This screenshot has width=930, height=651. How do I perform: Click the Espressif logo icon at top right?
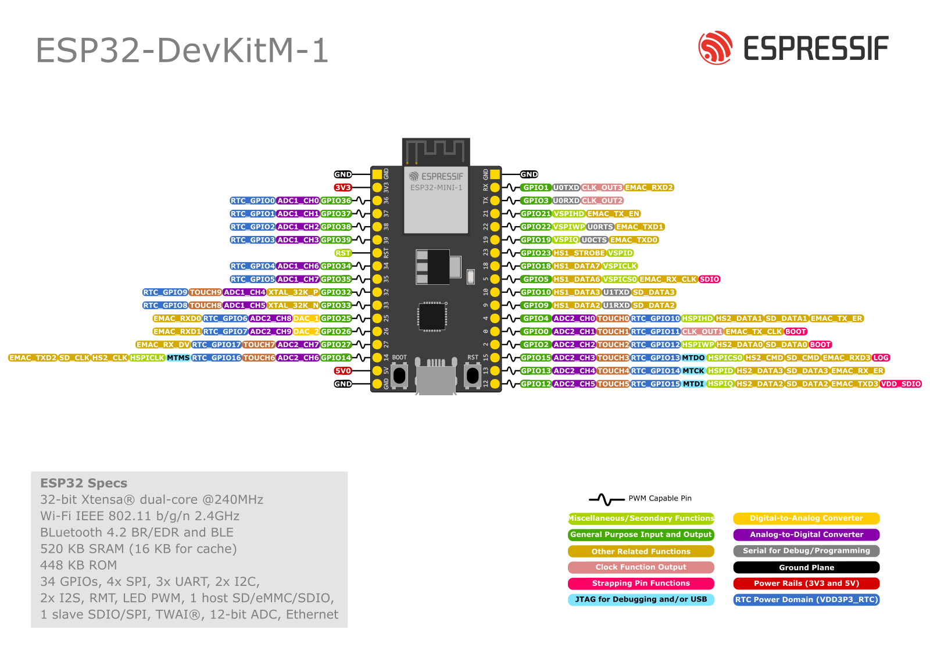[715, 48]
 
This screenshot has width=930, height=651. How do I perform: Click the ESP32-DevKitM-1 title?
[182, 51]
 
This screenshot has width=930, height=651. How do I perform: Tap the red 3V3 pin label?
[342, 188]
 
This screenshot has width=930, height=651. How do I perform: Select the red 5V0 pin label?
[342, 371]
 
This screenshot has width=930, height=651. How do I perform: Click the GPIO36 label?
[336, 201]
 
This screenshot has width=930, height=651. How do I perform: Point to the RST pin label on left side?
[343, 253]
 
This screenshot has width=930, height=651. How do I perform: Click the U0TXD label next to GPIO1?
[566, 188]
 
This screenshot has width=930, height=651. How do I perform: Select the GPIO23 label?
[535, 253]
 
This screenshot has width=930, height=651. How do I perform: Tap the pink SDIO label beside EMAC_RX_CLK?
[709, 279]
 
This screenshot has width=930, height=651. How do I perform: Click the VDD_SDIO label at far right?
[900, 384]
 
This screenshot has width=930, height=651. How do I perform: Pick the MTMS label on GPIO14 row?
[178, 357]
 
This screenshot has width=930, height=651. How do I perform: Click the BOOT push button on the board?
[399, 375]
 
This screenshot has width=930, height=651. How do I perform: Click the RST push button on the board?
[473, 375]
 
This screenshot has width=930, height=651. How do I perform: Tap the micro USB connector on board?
[436, 378]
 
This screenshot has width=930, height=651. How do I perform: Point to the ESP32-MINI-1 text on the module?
[436, 188]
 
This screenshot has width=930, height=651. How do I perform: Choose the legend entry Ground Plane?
[806, 567]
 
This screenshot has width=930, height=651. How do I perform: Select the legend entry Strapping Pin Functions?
[641, 584]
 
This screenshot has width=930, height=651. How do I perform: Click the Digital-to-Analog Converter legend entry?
[806, 518]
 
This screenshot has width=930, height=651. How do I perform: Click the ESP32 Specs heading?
[84, 483]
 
